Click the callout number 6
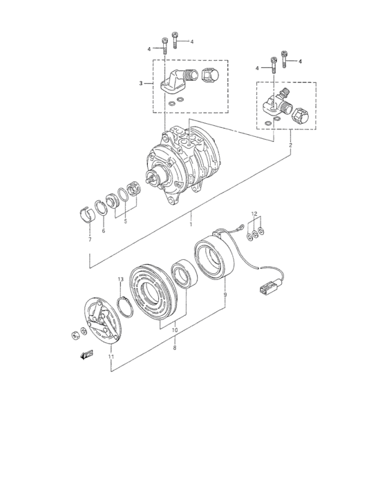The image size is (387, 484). pos(104,231)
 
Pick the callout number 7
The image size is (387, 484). pos(89,239)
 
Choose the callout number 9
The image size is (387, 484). pos(225,295)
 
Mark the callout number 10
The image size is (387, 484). pos(174,331)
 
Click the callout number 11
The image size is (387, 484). pos(110,357)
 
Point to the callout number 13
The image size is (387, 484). pos(120,279)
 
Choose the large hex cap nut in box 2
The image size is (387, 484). pos(301,115)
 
